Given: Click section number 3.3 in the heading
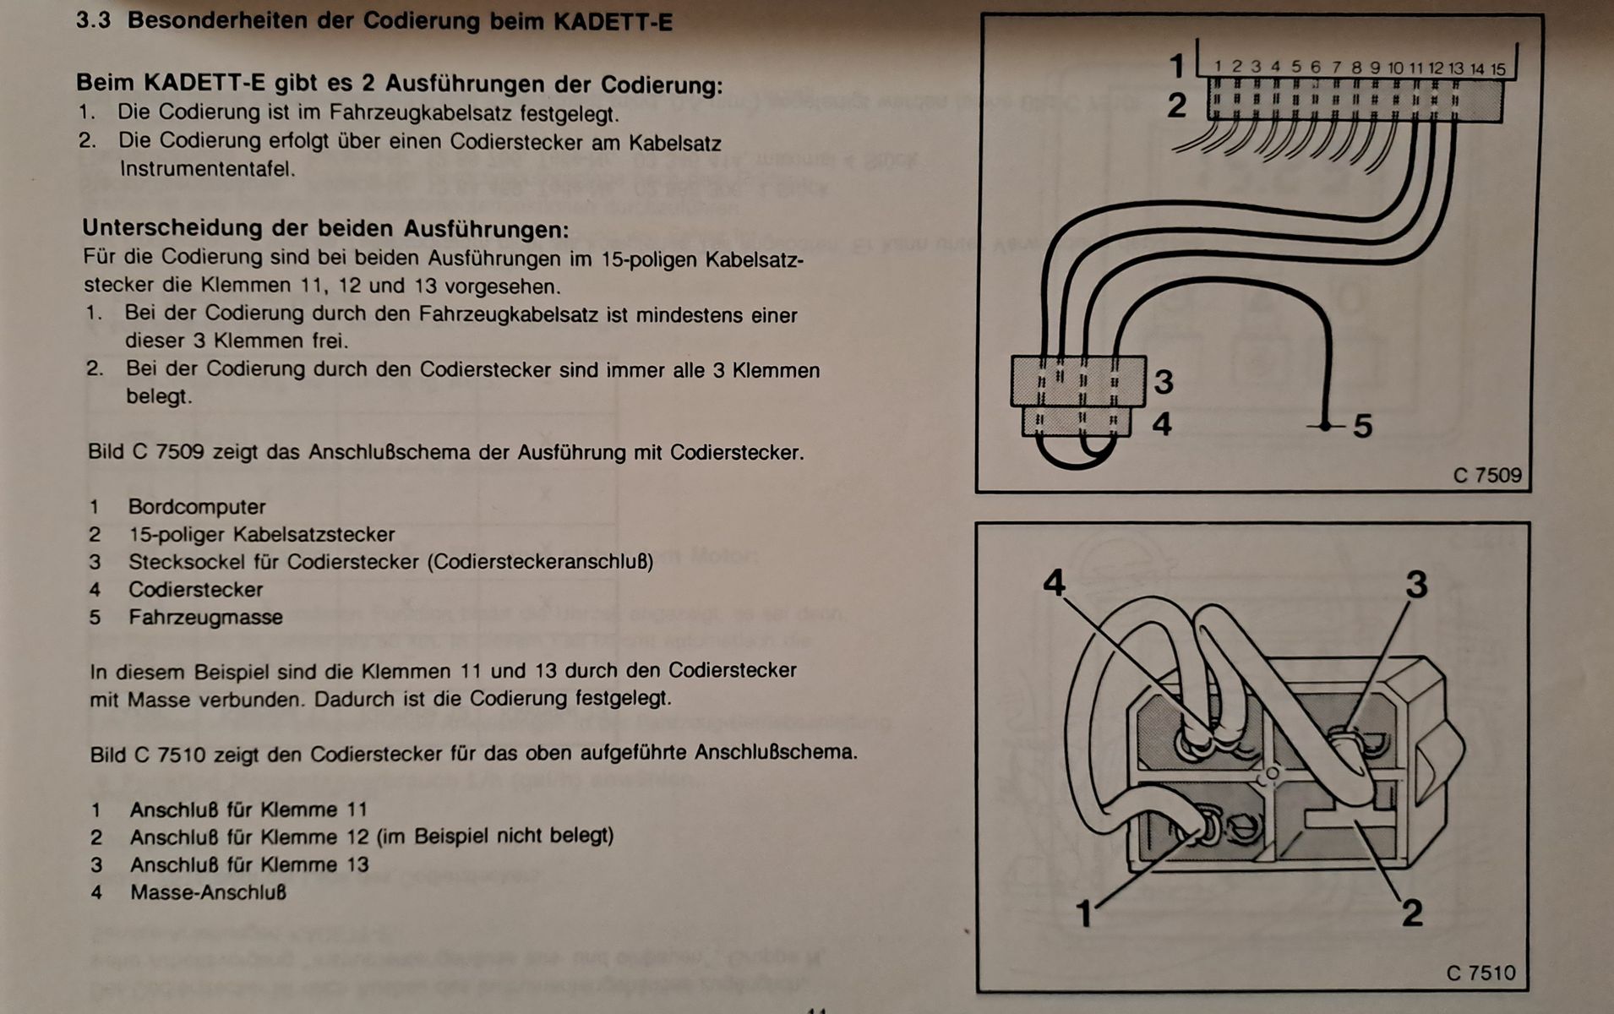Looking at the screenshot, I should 93,20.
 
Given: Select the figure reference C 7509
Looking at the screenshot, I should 1486,475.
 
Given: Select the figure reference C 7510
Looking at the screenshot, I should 1480,973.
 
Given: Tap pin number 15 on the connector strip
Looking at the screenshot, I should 1497,68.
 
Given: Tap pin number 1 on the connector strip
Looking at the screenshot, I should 1218,66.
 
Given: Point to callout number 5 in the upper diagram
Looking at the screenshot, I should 1362,426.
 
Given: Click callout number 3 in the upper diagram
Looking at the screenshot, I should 1164,382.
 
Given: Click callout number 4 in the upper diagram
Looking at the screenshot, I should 1163,423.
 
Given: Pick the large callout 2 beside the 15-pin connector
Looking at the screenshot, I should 1176,106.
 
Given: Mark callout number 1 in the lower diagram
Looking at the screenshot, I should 1085,913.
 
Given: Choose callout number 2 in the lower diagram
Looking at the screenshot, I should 1412,913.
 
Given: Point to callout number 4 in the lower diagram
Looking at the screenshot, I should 1054,582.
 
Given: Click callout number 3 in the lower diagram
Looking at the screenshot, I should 1416,584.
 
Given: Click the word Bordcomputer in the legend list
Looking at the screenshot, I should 197,507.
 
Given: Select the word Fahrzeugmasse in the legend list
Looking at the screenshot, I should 205,618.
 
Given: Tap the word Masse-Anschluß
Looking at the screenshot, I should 208,892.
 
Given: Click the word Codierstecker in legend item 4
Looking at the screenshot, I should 195,590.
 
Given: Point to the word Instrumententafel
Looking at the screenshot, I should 207,169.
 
